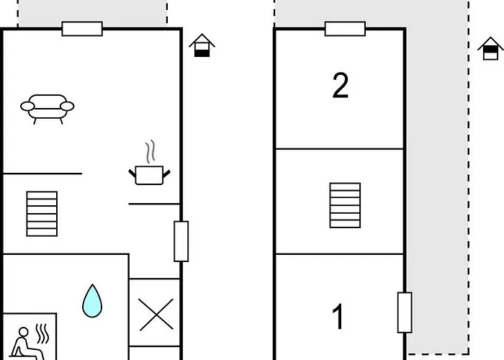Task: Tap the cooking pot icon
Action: [x=150, y=175]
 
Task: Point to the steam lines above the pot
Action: [x=150, y=152]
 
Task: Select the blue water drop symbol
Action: [x=92, y=301]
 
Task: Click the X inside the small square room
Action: [x=156, y=315]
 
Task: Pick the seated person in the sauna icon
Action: [x=27, y=344]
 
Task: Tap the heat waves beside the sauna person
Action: [x=42, y=333]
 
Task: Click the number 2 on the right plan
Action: [x=341, y=85]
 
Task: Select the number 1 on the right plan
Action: [x=338, y=317]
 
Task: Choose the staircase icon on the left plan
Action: [x=42, y=214]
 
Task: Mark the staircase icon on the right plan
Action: [x=345, y=205]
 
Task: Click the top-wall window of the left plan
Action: [x=82, y=29]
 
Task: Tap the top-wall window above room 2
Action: [x=345, y=29]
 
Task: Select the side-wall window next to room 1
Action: [x=405, y=312]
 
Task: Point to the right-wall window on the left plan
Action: [x=181, y=241]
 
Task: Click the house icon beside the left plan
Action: [x=202, y=45]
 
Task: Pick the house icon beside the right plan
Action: [x=490, y=48]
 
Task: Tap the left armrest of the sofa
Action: [x=27, y=107]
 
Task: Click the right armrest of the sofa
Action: [x=67, y=106]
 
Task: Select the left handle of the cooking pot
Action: [x=132, y=174]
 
